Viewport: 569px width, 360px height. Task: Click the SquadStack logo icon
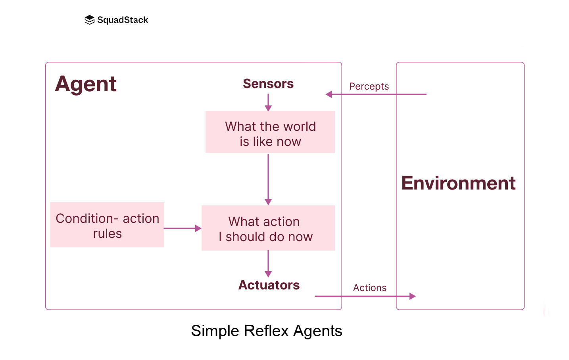[89, 20]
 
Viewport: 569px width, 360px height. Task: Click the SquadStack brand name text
[123, 20]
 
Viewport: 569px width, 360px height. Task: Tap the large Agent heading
[86, 84]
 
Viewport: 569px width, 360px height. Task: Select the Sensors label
[268, 84]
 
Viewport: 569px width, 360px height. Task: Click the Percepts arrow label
[369, 86]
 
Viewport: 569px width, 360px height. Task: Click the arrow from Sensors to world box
[268, 102]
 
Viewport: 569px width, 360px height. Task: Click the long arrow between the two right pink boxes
[268, 178]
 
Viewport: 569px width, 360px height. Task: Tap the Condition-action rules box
[107, 225]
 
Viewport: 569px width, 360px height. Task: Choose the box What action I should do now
[268, 228]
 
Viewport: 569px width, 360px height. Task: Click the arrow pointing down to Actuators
[268, 263]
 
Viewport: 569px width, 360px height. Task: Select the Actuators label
[269, 285]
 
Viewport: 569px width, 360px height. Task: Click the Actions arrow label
[369, 288]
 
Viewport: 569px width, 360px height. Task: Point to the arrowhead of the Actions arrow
[413, 296]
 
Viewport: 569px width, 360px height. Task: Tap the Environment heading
[458, 183]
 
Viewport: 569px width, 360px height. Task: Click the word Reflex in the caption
[267, 331]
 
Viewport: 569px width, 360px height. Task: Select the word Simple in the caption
[215, 331]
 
